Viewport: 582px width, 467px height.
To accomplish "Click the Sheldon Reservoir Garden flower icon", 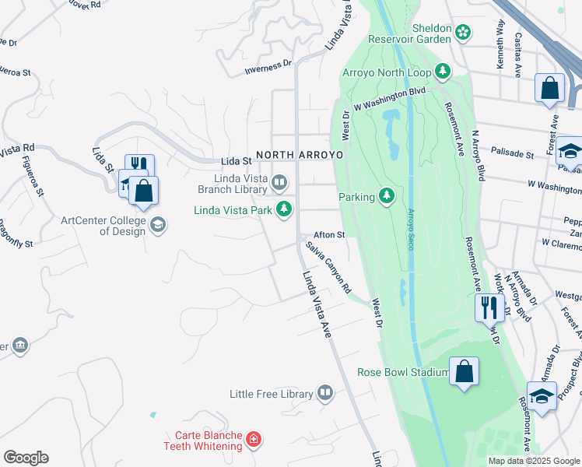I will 463,32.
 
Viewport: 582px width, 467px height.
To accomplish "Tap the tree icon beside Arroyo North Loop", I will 443,72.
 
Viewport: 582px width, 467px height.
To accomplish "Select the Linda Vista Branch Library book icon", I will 279,183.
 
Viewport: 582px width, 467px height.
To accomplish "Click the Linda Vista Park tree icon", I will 285,209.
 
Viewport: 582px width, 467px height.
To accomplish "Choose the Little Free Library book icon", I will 325,394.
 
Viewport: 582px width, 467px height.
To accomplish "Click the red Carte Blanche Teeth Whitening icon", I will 253,441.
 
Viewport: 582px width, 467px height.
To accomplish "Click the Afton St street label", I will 328,234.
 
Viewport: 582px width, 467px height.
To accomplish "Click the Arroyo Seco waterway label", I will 410,229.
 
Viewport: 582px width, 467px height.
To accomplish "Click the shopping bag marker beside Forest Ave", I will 549,88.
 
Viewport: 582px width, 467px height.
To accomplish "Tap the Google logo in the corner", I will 26,458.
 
